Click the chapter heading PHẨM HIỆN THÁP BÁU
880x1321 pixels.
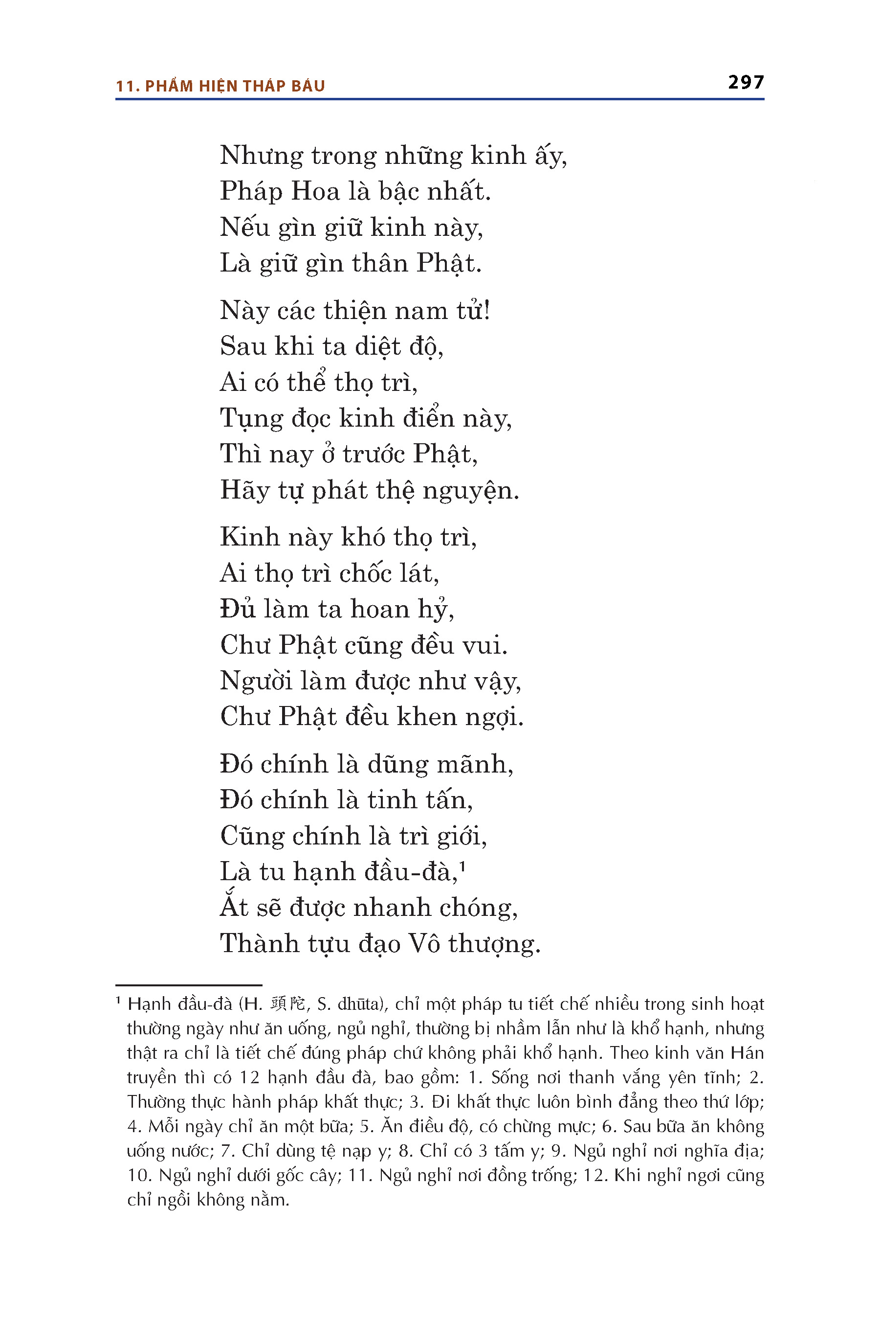(235, 86)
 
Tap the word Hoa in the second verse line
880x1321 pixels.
(315, 191)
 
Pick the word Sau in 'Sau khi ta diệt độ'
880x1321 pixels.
(242, 346)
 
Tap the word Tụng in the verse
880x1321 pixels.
(251, 419)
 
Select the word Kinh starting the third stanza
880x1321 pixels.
(249, 537)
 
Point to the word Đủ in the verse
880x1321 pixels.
(238, 609)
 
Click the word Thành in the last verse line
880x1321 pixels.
(259, 944)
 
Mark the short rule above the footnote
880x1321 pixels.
(189, 985)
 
